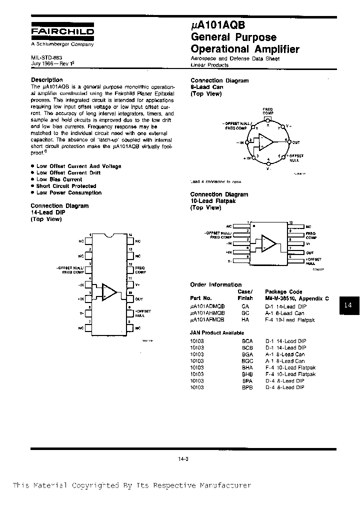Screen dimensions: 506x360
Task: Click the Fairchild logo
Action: coord(62,31)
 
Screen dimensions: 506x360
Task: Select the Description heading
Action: coord(47,80)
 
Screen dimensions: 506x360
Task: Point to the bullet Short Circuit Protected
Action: coord(66,186)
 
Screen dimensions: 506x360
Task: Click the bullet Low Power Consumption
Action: coord(68,192)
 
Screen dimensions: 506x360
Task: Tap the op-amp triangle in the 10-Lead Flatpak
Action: coord(268,243)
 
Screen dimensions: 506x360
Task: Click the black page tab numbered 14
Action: coord(349,304)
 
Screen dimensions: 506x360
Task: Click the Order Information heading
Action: coord(215,284)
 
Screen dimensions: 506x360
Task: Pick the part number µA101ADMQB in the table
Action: coord(207,305)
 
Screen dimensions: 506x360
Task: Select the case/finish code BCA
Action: coord(247,341)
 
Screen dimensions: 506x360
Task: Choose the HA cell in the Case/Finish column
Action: coord(245,319)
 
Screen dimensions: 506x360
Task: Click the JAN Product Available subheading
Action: coord(217,332)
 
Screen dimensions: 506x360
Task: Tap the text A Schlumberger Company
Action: coord(62,44)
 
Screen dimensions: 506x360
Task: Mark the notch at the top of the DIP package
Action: coord(108,235)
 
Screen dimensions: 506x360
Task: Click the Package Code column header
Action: coord(283,291)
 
